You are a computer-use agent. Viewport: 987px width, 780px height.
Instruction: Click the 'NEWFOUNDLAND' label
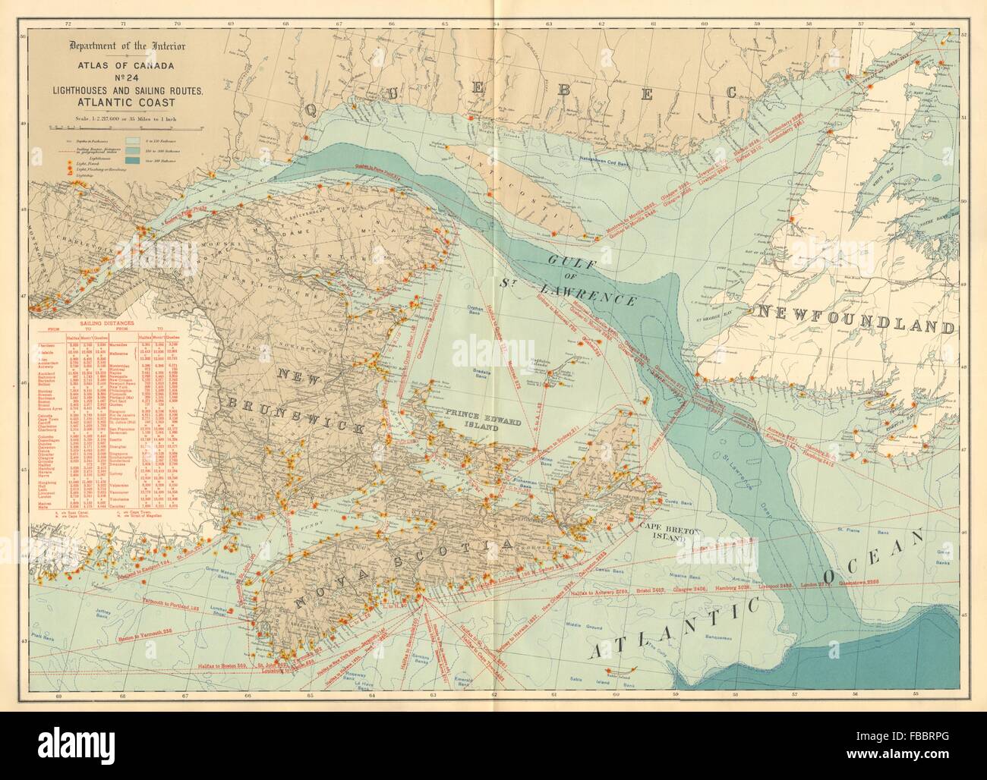[863, 312]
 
